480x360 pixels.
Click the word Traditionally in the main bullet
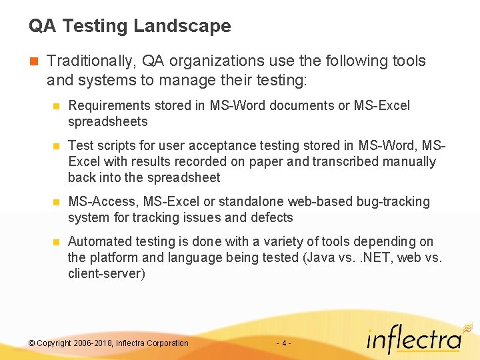(x=91, y=61)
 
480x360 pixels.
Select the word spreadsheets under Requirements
(x=107, y=121)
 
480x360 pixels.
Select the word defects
(x=272, y=217)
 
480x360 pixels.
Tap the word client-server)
(x=106, y=273)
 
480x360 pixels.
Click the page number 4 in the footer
(x=284, y=343)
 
